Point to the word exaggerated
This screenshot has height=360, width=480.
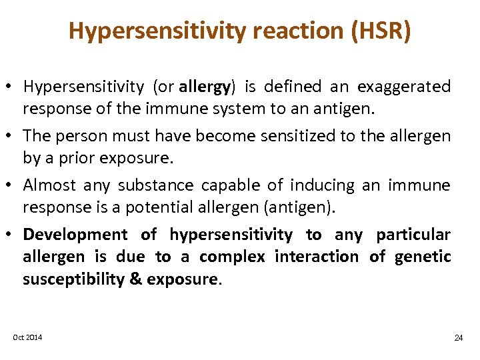404,87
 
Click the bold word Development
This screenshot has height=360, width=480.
75,235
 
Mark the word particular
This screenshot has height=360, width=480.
413,235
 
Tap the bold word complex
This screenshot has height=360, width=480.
232,257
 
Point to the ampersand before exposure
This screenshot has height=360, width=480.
135,279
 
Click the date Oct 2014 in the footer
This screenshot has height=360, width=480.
27,337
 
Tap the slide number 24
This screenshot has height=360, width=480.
458,338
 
